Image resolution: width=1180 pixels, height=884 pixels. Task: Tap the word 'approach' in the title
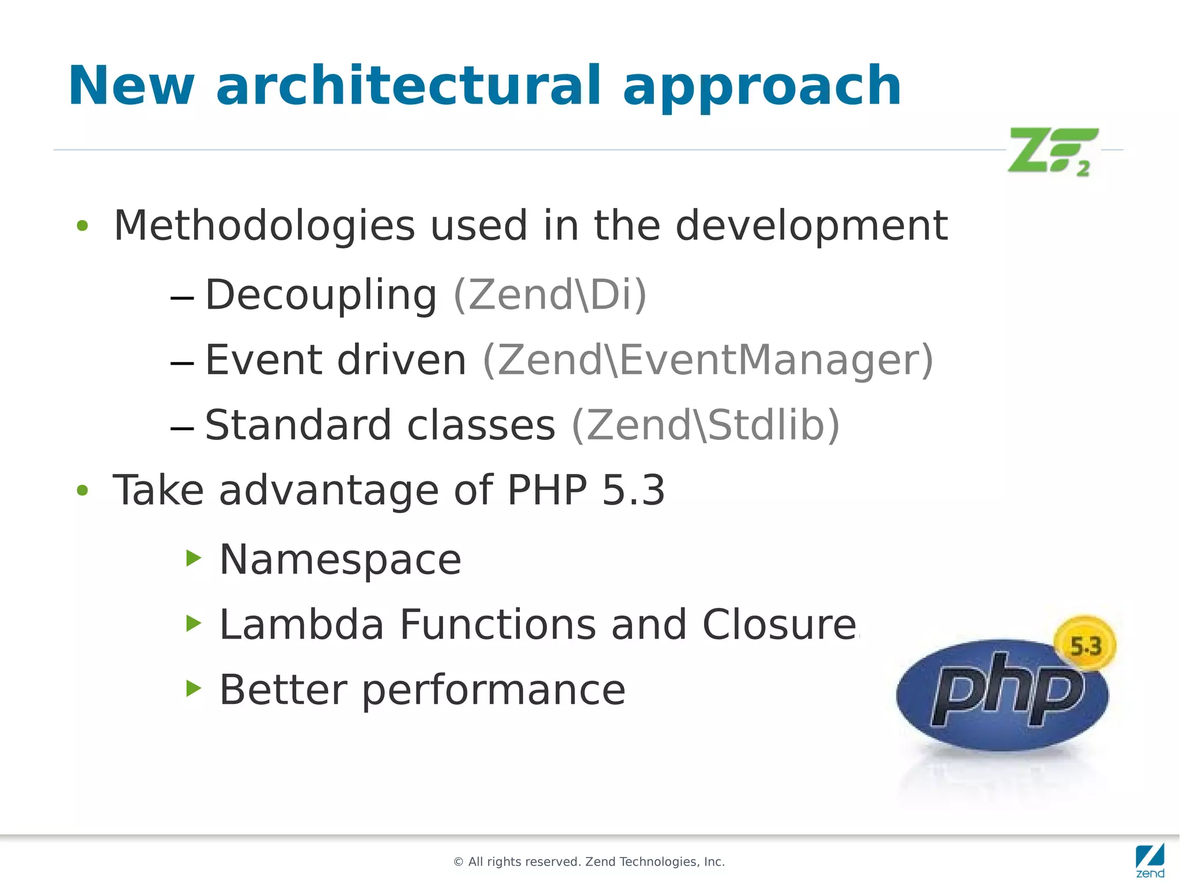[x=762, y=86]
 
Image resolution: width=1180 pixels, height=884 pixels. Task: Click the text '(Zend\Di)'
[x=550, y=294]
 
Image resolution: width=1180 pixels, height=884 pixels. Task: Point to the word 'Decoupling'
[x=321, y=295]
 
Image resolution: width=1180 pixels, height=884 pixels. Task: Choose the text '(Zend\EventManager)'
[x=708, y=360]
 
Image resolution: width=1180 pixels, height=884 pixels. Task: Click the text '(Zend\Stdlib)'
[x=706, y=425]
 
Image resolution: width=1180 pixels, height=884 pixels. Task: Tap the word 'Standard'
[x=298, y=425]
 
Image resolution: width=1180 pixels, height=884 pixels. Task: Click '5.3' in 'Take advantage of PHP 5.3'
[x=633, y=491]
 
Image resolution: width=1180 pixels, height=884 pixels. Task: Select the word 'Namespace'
[x=341, y=559]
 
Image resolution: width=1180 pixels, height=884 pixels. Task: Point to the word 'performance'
[x=494, y=689]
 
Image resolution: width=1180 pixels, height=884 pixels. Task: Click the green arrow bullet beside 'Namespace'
[x=194, y=557]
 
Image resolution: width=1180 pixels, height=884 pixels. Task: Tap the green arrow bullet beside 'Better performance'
[x=194, y=688]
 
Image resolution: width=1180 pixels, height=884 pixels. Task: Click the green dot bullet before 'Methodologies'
[x=82, y=226]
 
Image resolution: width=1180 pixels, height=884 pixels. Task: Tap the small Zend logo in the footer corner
[x=1150, y=860]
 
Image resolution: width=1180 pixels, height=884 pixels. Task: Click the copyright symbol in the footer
[x=459, y=862]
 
